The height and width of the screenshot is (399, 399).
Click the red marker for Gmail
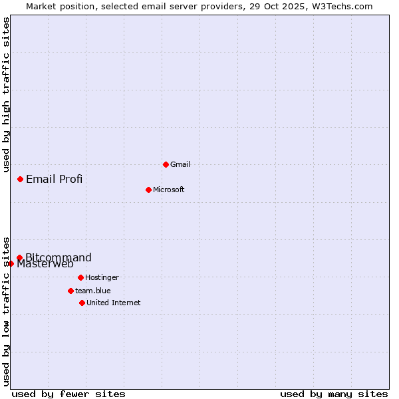pyautogui.click(x=166, y=164)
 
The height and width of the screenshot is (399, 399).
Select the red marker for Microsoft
pyautogui.click(x=148, y=190)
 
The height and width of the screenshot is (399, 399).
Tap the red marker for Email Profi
pyautogui.click(x=21, y=179)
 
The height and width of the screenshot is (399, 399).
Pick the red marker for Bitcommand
pyautogui.click(x=19, y=257)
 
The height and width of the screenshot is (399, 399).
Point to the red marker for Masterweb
pyautogui.click(x=11, y=263)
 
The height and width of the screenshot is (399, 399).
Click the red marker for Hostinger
pyautogui.click(x=80, y=277)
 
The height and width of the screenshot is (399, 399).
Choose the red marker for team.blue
pyautogui.click(x=70, y=291)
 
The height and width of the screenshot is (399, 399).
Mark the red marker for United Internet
pyautogui.click(x=82, y=303)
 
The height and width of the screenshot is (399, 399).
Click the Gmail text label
pyautogui.click(x=180, y=164)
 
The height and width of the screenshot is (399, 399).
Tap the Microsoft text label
pyautogui.click(x=169, y=190)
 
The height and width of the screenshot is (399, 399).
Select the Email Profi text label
pyautogui.click(x=55, y=179)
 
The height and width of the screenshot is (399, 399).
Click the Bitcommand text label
pyautogui.click(x=59, y=257)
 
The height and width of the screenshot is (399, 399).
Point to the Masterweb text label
pyautogui.click(x=45, y=264)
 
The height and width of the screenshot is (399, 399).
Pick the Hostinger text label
pyautogui.click(x=102, y=277)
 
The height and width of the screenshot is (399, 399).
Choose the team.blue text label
pyautogui.click(x=93, y=291)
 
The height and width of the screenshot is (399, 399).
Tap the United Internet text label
pyautogui.click(x=114, y=303)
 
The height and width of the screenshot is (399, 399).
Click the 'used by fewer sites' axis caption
pyautogui.click(x=68, y=394)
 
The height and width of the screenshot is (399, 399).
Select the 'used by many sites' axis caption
pyautogui.click(x=334, y=394)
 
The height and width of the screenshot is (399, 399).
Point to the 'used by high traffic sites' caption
pyautogui.click(x=6, y=94)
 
